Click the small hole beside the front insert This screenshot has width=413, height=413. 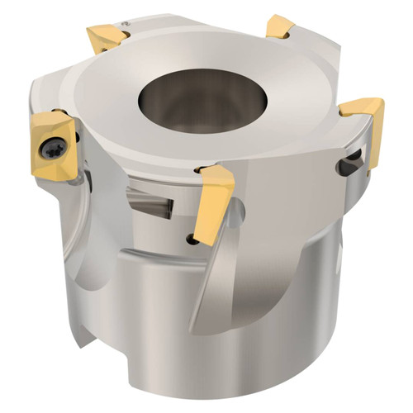click(x=192, y=239)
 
